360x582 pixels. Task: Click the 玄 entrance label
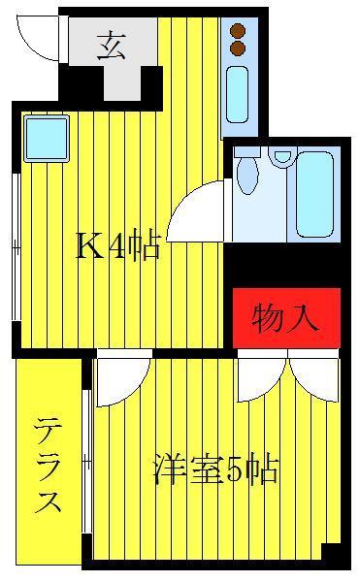coord(111,47)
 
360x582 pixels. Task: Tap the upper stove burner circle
coord(238,30)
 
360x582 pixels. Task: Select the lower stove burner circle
coord(238,48)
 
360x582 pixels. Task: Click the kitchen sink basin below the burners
coord(237,95)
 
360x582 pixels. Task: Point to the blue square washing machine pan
coord(47,139)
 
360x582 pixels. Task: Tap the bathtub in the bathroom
coord(314,193)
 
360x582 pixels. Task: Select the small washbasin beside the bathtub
coord(282,156)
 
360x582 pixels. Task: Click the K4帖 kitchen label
coord(118,245)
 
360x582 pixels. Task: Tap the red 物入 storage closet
coord(286,318)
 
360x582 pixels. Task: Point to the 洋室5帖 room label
coord(215,469)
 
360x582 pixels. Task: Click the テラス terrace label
coord(48,465)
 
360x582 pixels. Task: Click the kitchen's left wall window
coord(16,246)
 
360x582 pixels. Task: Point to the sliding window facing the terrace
coord(86,462)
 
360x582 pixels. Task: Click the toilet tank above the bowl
coord(246,151)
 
